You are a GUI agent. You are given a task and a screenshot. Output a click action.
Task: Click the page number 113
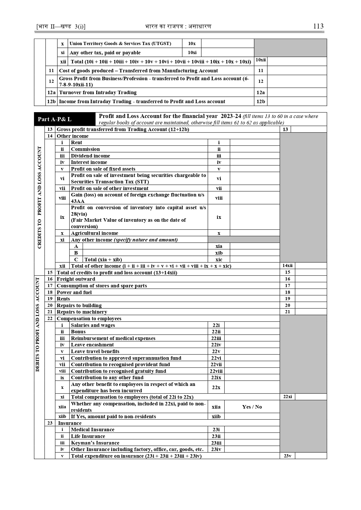(x=318, y=26)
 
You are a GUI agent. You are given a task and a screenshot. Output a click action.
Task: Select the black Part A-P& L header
(x=65, y=119)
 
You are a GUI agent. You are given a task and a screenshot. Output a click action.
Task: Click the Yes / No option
(x=252, y=407)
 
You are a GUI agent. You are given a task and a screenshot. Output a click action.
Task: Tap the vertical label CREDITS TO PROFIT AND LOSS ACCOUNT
(x=40, y=198)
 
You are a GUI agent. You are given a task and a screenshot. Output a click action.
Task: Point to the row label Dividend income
(x=90, y=156)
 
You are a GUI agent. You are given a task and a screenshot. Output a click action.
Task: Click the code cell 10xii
(x=260, y=60)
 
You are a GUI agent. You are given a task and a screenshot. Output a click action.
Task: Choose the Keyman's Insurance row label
(x=95, y=443)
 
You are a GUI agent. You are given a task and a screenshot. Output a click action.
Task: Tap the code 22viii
(x=216, y=371)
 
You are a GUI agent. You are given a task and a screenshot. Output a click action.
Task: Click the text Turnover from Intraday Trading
(x=98, y=92)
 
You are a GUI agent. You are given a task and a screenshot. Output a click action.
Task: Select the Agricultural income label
(x=95, y=233)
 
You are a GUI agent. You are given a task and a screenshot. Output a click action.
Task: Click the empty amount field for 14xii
(x=311, y=266)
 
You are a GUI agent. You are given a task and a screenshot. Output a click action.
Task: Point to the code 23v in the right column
(x=287, y=456)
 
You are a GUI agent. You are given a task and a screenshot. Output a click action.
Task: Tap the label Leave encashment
(x=93, y=345)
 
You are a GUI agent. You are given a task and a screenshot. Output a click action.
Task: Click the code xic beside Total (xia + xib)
(x=219, y=260)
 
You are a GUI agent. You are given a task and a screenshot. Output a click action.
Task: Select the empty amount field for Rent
(x=255, y=142)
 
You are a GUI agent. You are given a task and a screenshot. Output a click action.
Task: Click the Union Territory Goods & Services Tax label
(x=120, y=44)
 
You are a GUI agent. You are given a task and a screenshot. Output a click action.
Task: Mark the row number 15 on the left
(x=50, y=273)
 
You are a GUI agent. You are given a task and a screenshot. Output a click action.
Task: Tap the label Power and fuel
(x=74, y=292)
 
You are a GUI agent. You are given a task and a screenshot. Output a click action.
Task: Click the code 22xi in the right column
(x=287, y=397)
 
